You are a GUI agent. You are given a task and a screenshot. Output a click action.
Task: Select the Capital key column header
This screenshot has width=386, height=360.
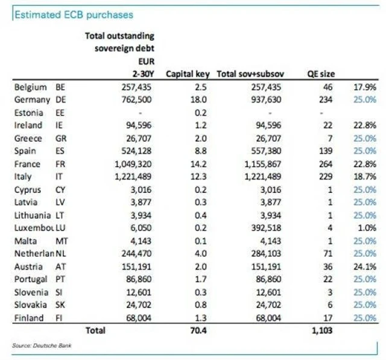[x=187, y=74]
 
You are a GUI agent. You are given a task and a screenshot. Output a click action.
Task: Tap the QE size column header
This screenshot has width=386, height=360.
[x=321, y=74]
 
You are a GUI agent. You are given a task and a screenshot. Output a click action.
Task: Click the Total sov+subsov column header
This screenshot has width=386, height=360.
[x=250, y=74]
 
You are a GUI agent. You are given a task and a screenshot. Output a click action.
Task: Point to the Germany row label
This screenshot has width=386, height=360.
[x=28, y=99]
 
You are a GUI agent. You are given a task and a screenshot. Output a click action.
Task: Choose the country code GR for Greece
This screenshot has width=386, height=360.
[x=61, y=138]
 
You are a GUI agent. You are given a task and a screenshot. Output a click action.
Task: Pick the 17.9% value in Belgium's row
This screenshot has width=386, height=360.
[x=365, y=87]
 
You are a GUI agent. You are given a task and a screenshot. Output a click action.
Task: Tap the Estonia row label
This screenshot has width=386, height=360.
[x=28, y=112]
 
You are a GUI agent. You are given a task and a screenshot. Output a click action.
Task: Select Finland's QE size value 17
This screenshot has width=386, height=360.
[x=328, y=317]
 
